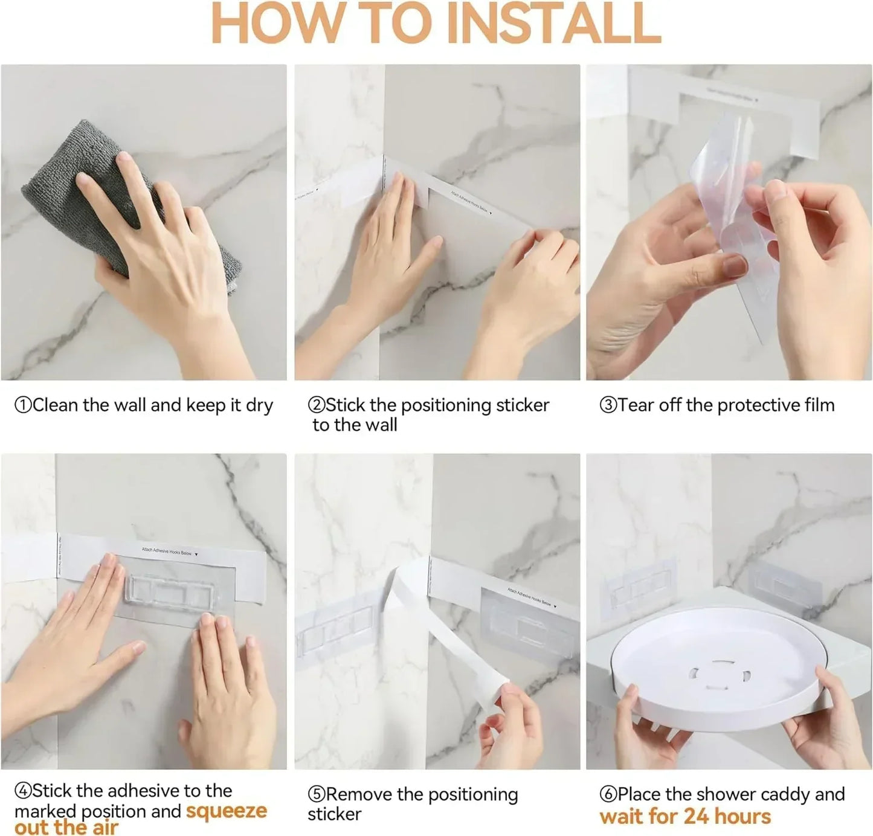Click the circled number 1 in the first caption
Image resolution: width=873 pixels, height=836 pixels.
pyautogui.click(x=22, y=405)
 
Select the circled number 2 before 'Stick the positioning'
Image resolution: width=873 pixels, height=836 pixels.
pyautogui.click(x=316, y=405)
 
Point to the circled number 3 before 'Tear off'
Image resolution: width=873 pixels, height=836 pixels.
pyautogui.click(x=607, y=405)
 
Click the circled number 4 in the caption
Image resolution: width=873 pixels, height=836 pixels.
pyautogui.click(x=22, y=791)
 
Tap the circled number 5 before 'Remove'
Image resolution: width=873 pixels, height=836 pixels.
pyautogui.click(x=316, y=795)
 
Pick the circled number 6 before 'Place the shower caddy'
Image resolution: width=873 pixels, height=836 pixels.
pyautogui.click(x=607, y=795)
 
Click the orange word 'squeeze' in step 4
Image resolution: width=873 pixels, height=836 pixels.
pyautogui.click(x=226, y=811)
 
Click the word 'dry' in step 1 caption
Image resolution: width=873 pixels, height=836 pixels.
pyautogui.click(x=259, y=405)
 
